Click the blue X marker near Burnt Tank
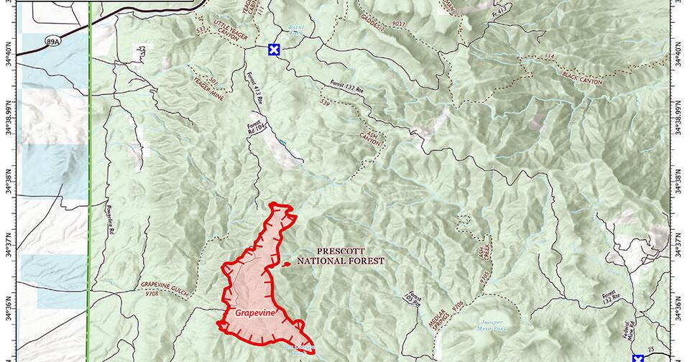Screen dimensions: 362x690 [x=273, y=50]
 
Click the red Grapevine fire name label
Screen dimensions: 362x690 [x=252, y=313]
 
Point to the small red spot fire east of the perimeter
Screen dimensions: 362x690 [x=288, y=264]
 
